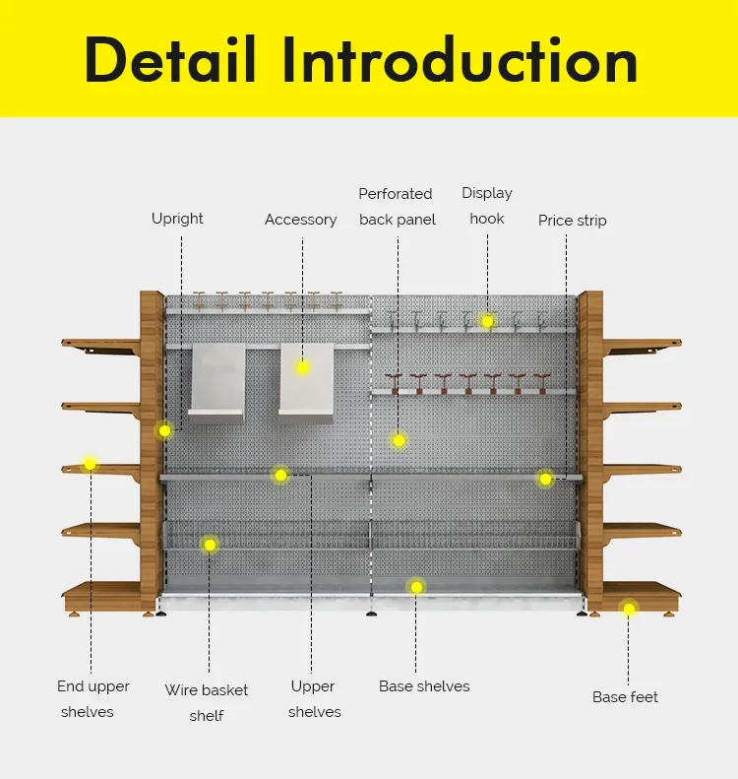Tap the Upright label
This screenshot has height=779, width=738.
(x=177, y=219)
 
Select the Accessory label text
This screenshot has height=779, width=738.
(x=300, y=220)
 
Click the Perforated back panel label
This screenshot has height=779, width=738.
(x=397, y=207)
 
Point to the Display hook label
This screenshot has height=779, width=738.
(x=487, y=206)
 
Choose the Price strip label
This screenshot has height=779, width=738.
(x=572, y=221)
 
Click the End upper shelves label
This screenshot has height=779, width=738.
(x=92, y=699)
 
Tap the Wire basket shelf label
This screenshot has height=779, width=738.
(x=207, y=703)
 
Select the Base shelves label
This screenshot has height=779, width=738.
(x=424, y=686)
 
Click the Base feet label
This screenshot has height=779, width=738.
(x=625, y=697)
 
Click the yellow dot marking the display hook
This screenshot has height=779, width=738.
(x=487, y=321)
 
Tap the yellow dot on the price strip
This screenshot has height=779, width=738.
(x=545, y=479)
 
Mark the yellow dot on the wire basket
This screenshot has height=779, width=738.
(x=210, y=544)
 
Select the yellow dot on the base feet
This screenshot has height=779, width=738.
(x=629, y=610)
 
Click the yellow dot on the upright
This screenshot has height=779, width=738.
(x=164, y=430)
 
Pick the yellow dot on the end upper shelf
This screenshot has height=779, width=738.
(x=90, y=463)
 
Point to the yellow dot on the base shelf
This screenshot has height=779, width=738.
(x=416, y=587)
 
